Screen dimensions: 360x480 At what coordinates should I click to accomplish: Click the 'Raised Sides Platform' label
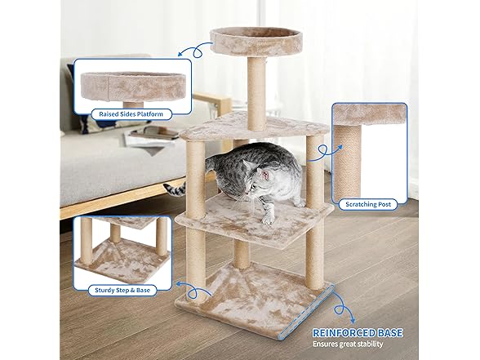tap(125, 114)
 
